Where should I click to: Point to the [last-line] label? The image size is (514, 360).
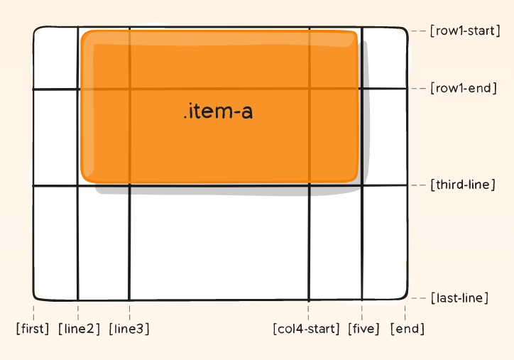pyautogui.click(x=459, y=298)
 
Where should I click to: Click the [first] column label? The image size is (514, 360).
pyautogui.click(x=33, y=329)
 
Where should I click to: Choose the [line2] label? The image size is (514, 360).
pyautogui.click(x=78, y=329)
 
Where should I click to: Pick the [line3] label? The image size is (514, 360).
pyautogui.click(x=129, y=329)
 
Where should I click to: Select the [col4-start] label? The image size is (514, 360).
pyautogui.click(x=307, y=329)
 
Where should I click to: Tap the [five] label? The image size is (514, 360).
pyautogui.click(x=363, y=329)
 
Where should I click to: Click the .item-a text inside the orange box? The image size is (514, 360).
pyautogui.click(x=218, y=111)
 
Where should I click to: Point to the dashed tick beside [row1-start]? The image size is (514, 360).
pyautogui.click(x=418, y=31)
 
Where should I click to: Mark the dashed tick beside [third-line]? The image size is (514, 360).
pyautogui.click(x=418, y=185)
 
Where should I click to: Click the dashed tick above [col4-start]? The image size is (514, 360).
pyautogui.click(x=308, y=311)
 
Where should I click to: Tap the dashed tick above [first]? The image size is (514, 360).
pyautogui.click(x=33, y=311)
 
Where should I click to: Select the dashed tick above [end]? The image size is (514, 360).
pyautogui.click(x=405, y=311)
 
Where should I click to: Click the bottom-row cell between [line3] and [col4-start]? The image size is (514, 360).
pyautogui.click(x=219, y=241)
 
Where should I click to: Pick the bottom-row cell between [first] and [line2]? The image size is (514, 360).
pyautogui.click(x=55, y=241)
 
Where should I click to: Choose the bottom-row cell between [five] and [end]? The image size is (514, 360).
pyautogui.click(x=384, y=241)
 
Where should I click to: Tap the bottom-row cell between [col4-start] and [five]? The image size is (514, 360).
pyautogui.click(x=335, y=241)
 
